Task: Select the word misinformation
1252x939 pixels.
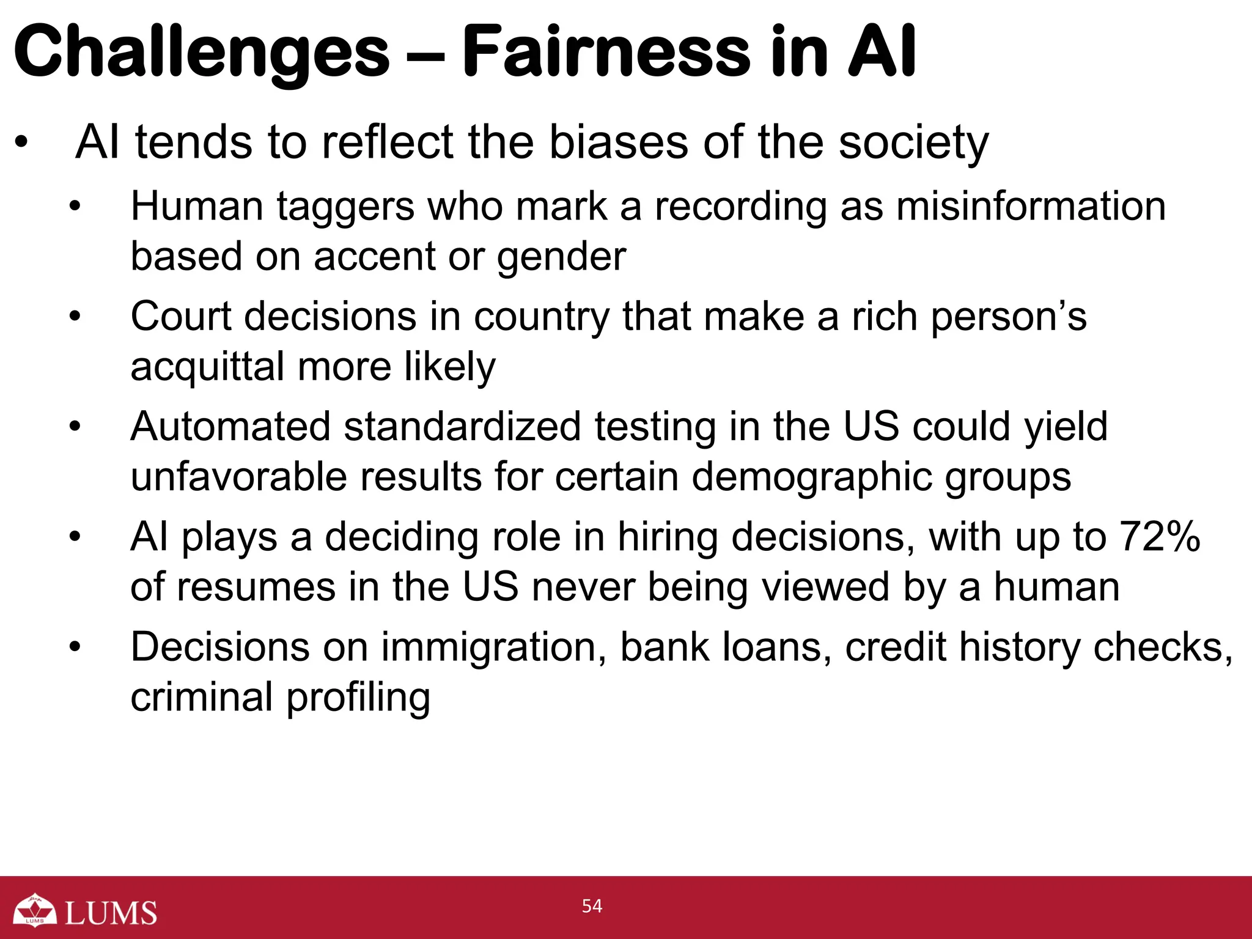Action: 1031,206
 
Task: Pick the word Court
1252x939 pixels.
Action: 181,316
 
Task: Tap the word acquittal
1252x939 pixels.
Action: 207,367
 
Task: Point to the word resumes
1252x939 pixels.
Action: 257,587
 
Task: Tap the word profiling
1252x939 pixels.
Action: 358,697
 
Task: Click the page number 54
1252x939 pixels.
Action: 592,906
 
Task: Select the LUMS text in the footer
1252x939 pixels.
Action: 111,913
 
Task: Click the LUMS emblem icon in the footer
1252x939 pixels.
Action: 35,910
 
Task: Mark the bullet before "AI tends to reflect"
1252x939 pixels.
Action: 22,143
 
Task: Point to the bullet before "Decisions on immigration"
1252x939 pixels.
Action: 75,647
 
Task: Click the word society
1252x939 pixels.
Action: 913,143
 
